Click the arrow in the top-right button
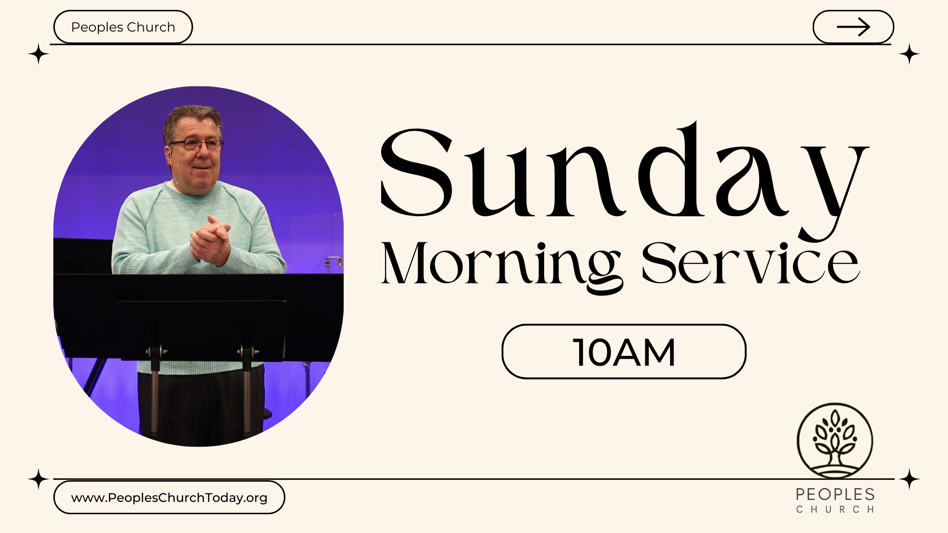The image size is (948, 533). tap(853, 27)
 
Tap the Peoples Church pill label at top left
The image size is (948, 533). tap(123, 27)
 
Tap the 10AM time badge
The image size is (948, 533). tap(624, 351)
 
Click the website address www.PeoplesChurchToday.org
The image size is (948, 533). tap(169, 497)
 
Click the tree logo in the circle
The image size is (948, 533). tap(835, 441)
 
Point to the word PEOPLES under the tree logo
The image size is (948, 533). tap(835, 495)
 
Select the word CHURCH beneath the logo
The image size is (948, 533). tap(835, 509)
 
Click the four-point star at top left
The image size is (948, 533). tap(39, 54)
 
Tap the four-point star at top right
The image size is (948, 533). tap(909, 54)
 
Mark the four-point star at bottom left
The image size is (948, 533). tap(39, 479)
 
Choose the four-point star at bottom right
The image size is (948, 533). tap(909, 479)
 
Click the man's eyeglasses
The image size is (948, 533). tap(196, 145)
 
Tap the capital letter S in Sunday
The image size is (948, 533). tap(417, 172)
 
